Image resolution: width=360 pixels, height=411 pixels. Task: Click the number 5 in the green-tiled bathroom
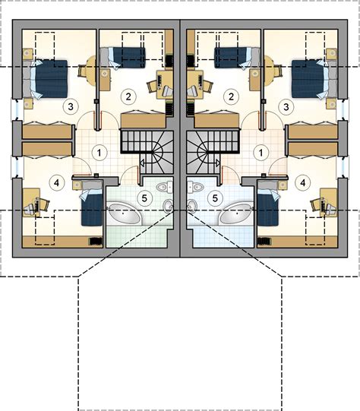[144, 198]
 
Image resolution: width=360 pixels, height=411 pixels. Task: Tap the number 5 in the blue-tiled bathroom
[215, 198]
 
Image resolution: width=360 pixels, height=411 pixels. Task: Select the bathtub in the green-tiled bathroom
[125, 214]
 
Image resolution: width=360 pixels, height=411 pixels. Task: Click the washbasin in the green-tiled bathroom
[168, 205]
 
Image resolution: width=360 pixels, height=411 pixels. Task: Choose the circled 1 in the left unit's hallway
[99, 153]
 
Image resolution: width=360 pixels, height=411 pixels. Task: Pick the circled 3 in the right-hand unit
[286, 107]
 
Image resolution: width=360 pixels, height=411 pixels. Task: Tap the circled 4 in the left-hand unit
[57, 183]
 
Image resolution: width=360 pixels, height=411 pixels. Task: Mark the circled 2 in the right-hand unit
[231, 96]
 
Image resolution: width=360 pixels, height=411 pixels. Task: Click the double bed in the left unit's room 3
[45, 79]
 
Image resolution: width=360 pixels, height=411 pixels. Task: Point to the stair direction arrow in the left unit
[142, 163]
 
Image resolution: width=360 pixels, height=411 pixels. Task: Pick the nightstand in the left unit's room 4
[77, 185]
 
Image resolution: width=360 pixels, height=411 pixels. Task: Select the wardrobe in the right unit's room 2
[216, 121]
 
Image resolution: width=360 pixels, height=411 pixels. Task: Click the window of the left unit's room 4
[17, 167]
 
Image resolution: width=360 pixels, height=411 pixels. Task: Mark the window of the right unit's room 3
[344, 109]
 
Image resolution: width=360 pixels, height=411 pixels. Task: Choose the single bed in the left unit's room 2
[122, 58]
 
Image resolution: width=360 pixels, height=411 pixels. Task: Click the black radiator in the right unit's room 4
[264, 241]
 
